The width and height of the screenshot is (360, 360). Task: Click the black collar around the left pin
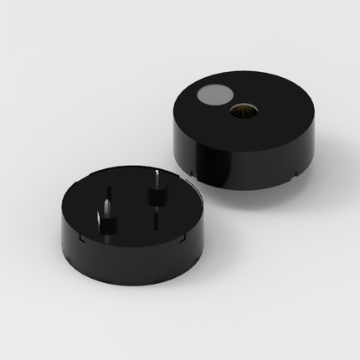105,220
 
